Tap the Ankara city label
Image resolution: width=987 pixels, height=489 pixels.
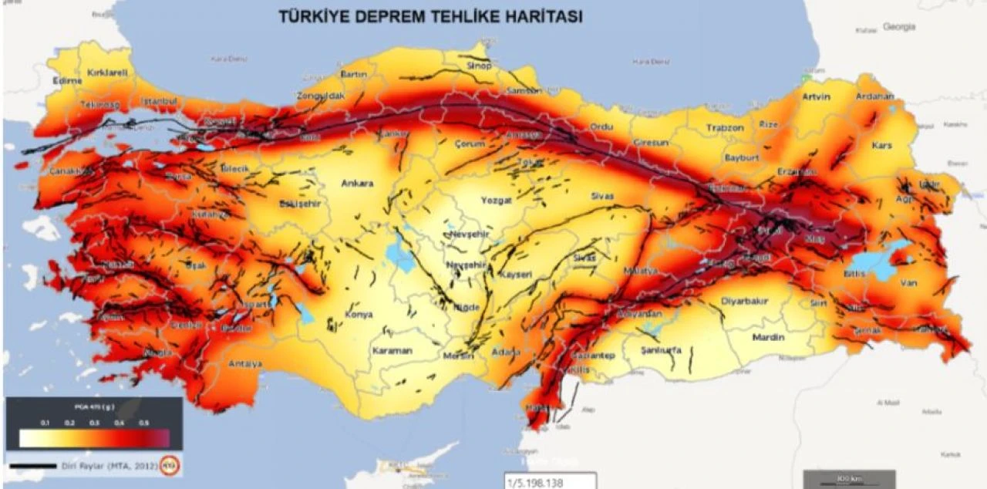pos(357,184)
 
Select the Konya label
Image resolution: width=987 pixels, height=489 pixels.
pos(359,315)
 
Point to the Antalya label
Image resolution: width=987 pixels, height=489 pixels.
pos(245,363)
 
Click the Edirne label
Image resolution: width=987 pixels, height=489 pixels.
pos(67,80)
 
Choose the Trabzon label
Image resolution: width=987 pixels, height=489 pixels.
pos(726,127)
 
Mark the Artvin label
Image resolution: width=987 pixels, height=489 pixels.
pos(816,96)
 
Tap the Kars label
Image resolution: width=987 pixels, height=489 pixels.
pos(881,145)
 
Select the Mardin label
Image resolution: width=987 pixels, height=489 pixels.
pos(768,337)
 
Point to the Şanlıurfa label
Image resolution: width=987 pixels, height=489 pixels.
pos(662,349)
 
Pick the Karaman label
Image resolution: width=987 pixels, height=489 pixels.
pos(392,350)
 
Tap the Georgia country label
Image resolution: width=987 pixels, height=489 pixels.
pos(900,26)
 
